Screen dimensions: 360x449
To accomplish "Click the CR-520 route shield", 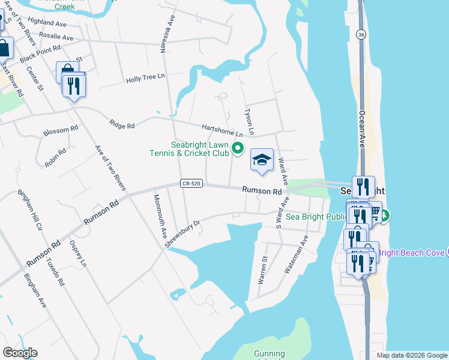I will click(188, 184).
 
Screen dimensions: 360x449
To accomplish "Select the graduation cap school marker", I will click(261, 160).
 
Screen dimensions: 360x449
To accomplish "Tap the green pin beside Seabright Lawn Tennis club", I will click(238, 148).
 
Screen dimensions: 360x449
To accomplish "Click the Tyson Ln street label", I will click(249, 122).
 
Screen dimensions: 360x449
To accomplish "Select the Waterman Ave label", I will click(296, 254).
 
